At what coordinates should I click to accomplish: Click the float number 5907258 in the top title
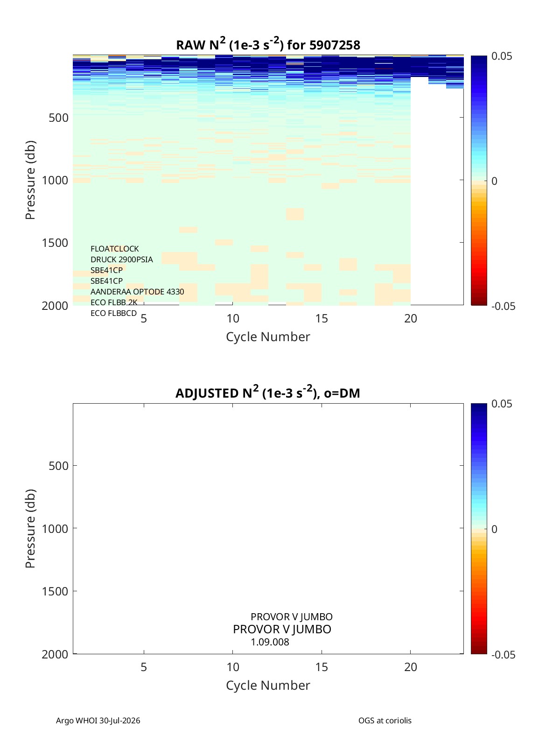[335, 45]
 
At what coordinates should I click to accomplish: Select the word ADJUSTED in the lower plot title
[207, 393]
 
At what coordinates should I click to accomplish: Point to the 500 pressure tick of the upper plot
[59, 118]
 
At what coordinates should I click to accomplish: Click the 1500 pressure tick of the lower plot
[55, 591]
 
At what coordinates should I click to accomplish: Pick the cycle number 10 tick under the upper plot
[233, 318]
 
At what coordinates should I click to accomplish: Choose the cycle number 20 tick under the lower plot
[410, 667]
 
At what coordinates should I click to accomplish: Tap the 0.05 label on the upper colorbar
[501, 56]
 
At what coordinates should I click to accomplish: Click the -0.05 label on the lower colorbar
[503, 655]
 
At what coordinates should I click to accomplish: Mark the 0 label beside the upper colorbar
[494, 181]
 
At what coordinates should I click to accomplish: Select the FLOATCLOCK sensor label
[114, 249]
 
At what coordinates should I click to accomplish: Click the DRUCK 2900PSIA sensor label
[121, 259]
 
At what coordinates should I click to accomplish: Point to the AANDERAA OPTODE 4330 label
[137, 292]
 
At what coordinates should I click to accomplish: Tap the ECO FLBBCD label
[113, 313]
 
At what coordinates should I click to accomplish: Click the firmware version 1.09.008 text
[270, 642]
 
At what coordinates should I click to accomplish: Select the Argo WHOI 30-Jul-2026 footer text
[98, 721]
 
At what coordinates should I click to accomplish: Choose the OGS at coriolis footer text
[385, 721]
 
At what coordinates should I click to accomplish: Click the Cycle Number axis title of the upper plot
[268, 337]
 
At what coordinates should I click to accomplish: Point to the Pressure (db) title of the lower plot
[30, 528]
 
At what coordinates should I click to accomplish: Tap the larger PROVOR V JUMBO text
[282, 629]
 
